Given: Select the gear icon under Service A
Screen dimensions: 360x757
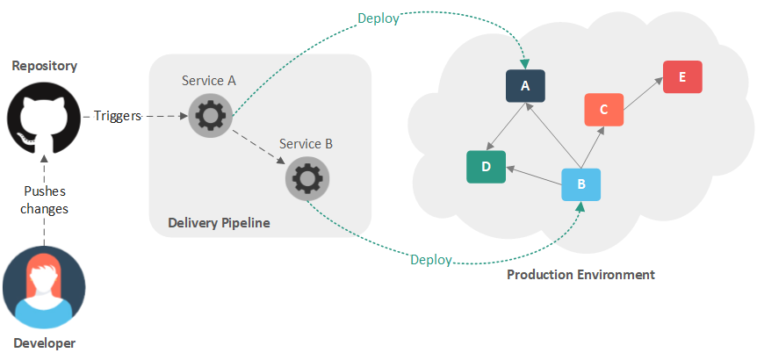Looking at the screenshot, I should tap(209, 115).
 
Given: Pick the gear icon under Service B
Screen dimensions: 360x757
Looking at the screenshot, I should tap(306, 179).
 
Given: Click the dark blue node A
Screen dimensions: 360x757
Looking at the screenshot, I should tap(525, 86).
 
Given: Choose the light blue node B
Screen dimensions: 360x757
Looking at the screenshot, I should tap(580, 184).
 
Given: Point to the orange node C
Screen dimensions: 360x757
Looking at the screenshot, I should tap(603, 110).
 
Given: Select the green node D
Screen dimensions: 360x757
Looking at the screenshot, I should tap(486, 166).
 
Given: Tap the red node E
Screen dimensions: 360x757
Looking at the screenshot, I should tap(682, 76).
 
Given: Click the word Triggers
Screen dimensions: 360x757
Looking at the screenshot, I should tap(118, 116).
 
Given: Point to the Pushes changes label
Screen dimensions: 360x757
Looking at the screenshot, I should tap(44, 199).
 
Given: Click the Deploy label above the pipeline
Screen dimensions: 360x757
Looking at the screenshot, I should tap(378, 18).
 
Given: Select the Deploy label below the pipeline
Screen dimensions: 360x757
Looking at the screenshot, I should tap(431, 260).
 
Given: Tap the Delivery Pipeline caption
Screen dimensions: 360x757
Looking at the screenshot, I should tap(219, 223).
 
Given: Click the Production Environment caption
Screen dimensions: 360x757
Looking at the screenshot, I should tap(580, 275).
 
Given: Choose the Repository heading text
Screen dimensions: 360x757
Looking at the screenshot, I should tap(44, 66).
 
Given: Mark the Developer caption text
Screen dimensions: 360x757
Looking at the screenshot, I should tap(44, 343).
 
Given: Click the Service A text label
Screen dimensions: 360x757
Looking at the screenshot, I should tap(209, 81).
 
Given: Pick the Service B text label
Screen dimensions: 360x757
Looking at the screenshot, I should tap(306, 143).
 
